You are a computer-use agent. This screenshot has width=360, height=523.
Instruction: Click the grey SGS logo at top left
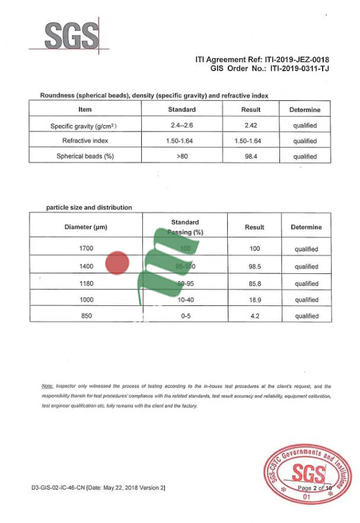[x=72, y=36]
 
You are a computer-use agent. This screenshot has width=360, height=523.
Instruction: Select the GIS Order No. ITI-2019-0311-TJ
[x=299, y=69]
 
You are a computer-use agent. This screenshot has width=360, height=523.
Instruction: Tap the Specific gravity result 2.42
[x=250, y=126]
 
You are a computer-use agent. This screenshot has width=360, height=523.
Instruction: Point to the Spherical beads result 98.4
[x=250, y=157]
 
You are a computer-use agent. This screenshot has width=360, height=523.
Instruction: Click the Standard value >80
[x=181, y=157]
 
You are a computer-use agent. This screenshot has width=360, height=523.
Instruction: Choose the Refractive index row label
[x=85, y=141]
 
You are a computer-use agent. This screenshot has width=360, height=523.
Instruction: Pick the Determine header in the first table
[x=304, y=110]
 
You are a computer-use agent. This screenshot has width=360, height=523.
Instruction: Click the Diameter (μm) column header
[x=86, y=227]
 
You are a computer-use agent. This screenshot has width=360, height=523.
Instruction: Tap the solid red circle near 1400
[x=117, y=263]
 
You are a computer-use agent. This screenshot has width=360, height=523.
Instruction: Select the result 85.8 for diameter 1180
[x=254, y=283]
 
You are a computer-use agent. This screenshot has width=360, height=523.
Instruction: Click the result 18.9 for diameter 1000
[x=254, y=300]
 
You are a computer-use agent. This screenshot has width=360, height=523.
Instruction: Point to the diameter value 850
[x=86, y=316]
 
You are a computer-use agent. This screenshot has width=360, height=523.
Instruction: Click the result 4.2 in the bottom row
[x=254, y=316]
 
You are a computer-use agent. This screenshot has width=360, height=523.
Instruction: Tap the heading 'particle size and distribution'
[x=89, y=208]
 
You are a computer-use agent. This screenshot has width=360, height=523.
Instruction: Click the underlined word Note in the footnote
[x=47, y=386]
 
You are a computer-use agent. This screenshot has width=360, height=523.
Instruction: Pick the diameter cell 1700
[x=86, y=249]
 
